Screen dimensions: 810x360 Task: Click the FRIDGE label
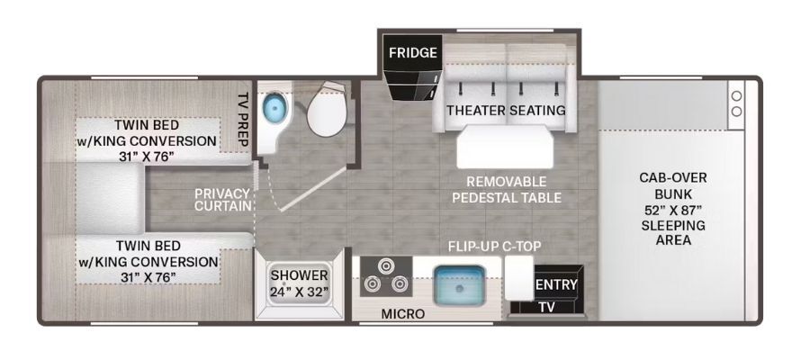click(413, 53)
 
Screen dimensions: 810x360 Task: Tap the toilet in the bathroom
click(326, 108)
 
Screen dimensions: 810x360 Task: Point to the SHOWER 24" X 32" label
click(300, 283)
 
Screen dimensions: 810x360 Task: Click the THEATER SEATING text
click(506, 110)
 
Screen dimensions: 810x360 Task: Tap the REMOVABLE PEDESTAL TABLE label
click(506, 189)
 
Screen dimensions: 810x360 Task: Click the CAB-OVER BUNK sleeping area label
click(672, 209)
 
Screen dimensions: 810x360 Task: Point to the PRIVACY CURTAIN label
click(222, 200)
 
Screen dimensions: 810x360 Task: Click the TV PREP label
click(243, 120)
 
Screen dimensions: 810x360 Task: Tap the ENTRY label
click(556, 284)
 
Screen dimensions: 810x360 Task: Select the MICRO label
click(403, 313)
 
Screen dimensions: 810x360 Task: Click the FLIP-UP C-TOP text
click(494, 247)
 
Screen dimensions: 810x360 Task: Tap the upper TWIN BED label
click(148, 140)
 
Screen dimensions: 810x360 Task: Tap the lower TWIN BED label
click(148, 261)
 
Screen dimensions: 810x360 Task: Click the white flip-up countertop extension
click(518, 278)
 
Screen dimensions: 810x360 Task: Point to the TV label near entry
click(546, 307)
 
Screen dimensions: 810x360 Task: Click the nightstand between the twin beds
click(110, 200)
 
